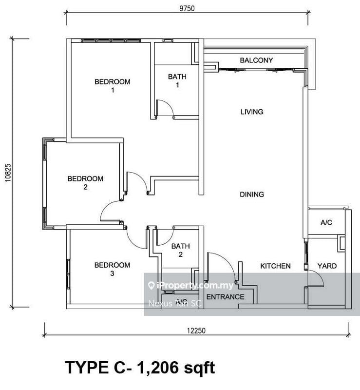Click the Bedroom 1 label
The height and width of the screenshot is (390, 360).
click(112, 86)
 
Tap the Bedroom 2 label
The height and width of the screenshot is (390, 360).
click(85, 183)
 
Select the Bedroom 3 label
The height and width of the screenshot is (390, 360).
click(112, 269)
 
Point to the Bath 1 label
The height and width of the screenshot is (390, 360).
click(177, 81)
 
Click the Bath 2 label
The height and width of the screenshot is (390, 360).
click(180, 251)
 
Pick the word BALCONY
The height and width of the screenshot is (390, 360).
click(256, 60)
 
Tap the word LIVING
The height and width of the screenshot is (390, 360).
click(252, 112)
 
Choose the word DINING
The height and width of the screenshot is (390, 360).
click(252, 195)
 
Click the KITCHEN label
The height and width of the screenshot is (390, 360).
click(275, 266)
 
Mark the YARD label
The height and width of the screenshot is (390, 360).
click(327, 266)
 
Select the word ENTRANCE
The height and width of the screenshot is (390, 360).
click(226, 296)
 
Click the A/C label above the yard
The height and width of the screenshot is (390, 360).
click(326, 223)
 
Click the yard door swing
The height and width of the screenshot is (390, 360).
click(317, 279)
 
